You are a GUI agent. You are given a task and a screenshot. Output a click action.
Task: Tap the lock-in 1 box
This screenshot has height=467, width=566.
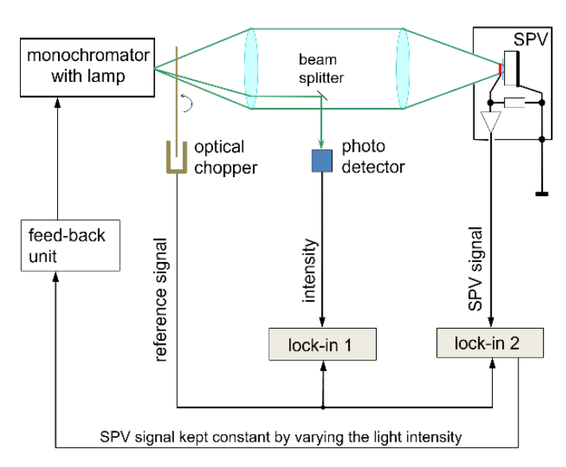321,345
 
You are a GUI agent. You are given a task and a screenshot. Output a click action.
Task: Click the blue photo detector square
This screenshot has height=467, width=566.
321,161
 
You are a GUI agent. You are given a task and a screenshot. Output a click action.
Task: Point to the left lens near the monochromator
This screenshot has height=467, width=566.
252,69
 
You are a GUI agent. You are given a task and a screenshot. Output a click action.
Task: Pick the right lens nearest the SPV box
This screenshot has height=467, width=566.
402,69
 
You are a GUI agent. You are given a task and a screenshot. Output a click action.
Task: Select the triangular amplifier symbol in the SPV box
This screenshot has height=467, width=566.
492,122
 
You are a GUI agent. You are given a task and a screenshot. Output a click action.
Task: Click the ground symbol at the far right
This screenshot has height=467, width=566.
541,191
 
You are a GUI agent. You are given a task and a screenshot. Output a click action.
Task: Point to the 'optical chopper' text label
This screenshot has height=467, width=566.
220,156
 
